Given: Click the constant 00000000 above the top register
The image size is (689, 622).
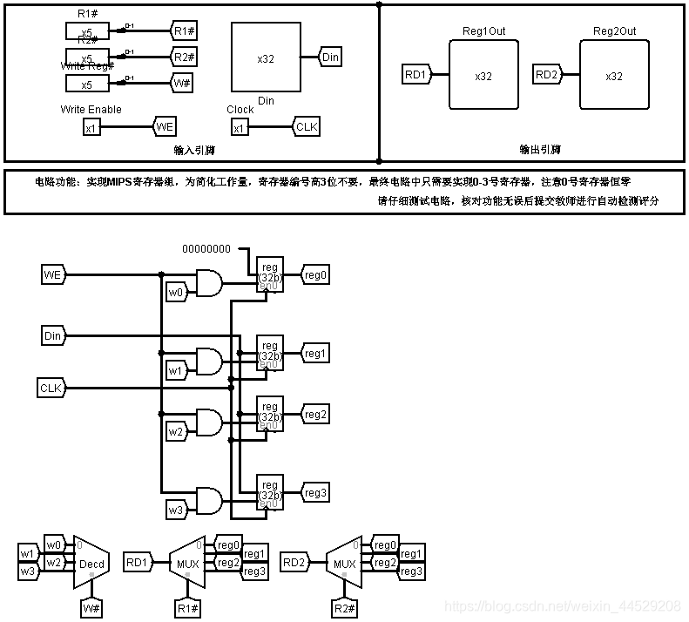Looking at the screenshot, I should [x=206, y=248].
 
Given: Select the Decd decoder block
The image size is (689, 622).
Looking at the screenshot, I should [x=91, y=563].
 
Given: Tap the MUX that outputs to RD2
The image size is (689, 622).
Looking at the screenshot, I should [x=344, y=563].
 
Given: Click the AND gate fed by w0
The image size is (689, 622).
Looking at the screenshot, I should [x=209, y=283].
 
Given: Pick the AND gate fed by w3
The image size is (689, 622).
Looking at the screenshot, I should [x=209, y=501].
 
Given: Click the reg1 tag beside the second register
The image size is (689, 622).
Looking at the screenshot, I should [x=314, y=354].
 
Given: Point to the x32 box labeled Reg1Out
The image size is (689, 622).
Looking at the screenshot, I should [x=483, y=76].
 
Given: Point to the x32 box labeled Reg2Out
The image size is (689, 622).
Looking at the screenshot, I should [x=614, y=76].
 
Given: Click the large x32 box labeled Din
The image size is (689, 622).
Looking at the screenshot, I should [x=266, y=57].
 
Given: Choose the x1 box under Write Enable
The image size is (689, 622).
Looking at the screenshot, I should [x=91, y=128].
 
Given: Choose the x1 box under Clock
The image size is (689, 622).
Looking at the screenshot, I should [x=240, y=128].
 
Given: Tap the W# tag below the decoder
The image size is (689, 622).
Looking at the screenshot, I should [x=91, y=606].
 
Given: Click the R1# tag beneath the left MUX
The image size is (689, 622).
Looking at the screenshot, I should [x=185, y=606].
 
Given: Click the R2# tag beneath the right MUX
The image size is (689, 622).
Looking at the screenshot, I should [x=344, y=606].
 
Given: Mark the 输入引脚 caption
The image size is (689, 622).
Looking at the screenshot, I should [x=194, y=150].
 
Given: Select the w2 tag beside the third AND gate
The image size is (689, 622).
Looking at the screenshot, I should [x=177, y=430].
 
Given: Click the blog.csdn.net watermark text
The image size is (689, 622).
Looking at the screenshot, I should [x=562, y=605].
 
